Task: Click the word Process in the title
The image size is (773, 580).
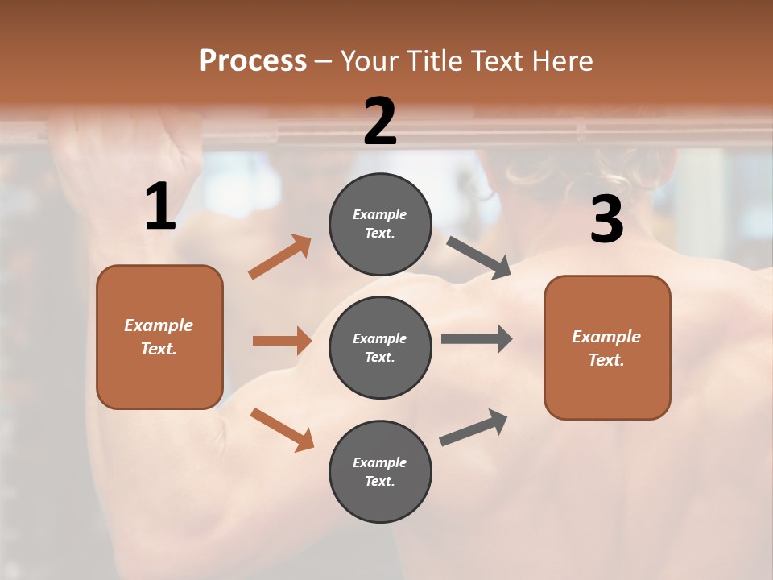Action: (x=253, y=60)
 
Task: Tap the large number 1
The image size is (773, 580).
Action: (x=160, y=208)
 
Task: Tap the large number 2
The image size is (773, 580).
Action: (x=380, y=122)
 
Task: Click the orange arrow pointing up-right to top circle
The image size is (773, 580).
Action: (x=280, y=257)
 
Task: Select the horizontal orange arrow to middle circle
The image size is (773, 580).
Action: (x=282, y=341)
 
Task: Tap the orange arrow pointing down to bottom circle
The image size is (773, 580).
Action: (x=282, y=429)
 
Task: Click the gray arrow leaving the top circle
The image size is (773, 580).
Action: (x=479, y=257)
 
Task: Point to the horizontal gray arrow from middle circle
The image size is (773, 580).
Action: (x=476, y=339)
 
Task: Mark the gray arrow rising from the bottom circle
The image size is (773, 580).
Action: (x=473, y=428)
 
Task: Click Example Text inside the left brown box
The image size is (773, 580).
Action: (x=159, y=337)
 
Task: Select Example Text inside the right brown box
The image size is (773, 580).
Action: (x=606, y=348)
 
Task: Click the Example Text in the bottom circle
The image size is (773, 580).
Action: (x=379, y=471)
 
